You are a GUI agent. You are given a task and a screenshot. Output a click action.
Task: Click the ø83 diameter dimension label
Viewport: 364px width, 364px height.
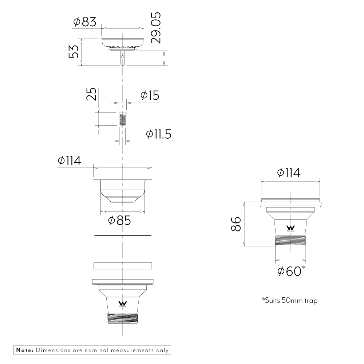[x=84, y=22]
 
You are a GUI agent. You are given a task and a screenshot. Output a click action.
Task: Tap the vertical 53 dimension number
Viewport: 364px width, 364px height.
[x=74, y=52]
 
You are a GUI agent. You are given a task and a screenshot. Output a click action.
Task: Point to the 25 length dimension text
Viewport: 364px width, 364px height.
[x=92, y=94]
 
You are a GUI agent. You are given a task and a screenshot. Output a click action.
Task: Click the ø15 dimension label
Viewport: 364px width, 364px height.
[x=150, y=96]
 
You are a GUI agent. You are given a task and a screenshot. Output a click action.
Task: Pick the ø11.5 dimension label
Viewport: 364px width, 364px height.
[x=158, y=134]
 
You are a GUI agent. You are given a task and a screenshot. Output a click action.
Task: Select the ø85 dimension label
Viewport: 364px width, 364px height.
[x=119, y=220]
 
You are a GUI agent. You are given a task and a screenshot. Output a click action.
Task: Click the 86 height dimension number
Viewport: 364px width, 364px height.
[x=236, y=224]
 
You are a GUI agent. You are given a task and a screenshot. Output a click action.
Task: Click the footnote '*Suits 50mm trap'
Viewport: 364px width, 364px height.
[x=289, y=301]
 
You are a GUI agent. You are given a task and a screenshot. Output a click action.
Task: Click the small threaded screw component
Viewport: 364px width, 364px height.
[x=123, y=119]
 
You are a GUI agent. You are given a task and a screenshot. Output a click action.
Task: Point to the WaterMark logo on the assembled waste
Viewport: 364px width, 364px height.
[x=290, y=227]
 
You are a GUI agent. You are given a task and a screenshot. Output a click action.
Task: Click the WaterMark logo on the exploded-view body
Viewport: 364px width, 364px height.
[x=123, y=304]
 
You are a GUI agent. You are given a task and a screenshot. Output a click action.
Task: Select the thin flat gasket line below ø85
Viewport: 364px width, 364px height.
[x=123, y=236]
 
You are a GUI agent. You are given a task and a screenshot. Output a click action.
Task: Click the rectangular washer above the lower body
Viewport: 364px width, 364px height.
[x=123, y=265]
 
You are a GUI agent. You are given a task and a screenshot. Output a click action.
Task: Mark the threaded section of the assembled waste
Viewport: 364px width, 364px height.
[x=290, y=241]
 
